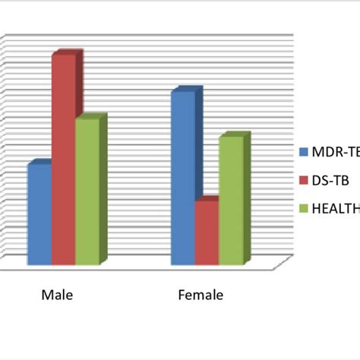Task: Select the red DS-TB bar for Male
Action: pyautogui.click(x=63, y=160)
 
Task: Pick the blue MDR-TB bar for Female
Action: pyautogui.click(x=183, y=179)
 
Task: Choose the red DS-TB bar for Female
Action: pyautogui.click(x=207, y=233)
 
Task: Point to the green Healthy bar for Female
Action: pyautogui.click(x=230, y=202)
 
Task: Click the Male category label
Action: pyautogui.click(x=57, y=295)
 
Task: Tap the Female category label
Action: pyautogui.click(x=201, y=295)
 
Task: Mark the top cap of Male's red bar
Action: pyautogui.click(x=67, y=53)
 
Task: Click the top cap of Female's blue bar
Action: pyautogui.click(x=187, y=90)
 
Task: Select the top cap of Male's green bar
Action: pyautogui.click(x=90, y=117)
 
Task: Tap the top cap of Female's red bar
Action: pyautogui.click(x=210, y=200)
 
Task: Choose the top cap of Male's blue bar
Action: pyautogui.click(x=43, y=163)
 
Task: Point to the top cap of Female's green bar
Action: pyautogui.click(x=234, y=136)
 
